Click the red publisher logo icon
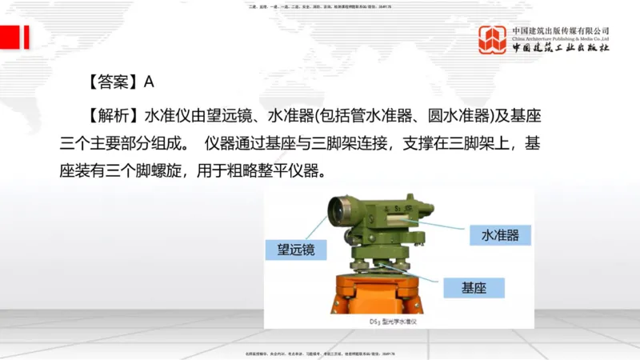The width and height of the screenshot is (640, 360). tap(492, 39)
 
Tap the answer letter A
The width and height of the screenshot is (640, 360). tap(148, 82)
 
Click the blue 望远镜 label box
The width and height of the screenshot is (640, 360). tap(296, 250)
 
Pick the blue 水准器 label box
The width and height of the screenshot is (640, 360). tap(500, 235)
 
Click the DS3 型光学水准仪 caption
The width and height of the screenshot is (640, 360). tap(400, 322)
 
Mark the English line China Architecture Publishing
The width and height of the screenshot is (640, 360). tap(561, 38)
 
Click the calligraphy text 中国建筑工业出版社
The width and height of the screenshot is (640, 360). tap(561, 48)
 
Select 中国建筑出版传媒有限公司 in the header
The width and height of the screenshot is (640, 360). tap(561, 30)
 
